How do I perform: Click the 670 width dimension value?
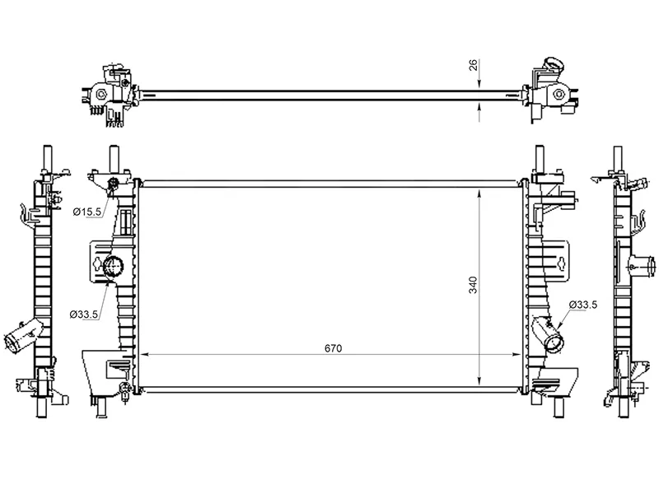point(334,348)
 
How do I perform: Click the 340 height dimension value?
point(473,285)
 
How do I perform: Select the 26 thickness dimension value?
point(474,65)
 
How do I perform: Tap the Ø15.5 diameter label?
point(87,212)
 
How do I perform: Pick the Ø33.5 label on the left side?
point(84,314)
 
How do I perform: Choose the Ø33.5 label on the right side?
point(583,305)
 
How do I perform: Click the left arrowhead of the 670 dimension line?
point(143,355)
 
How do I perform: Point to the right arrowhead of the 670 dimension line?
point(516,355)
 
